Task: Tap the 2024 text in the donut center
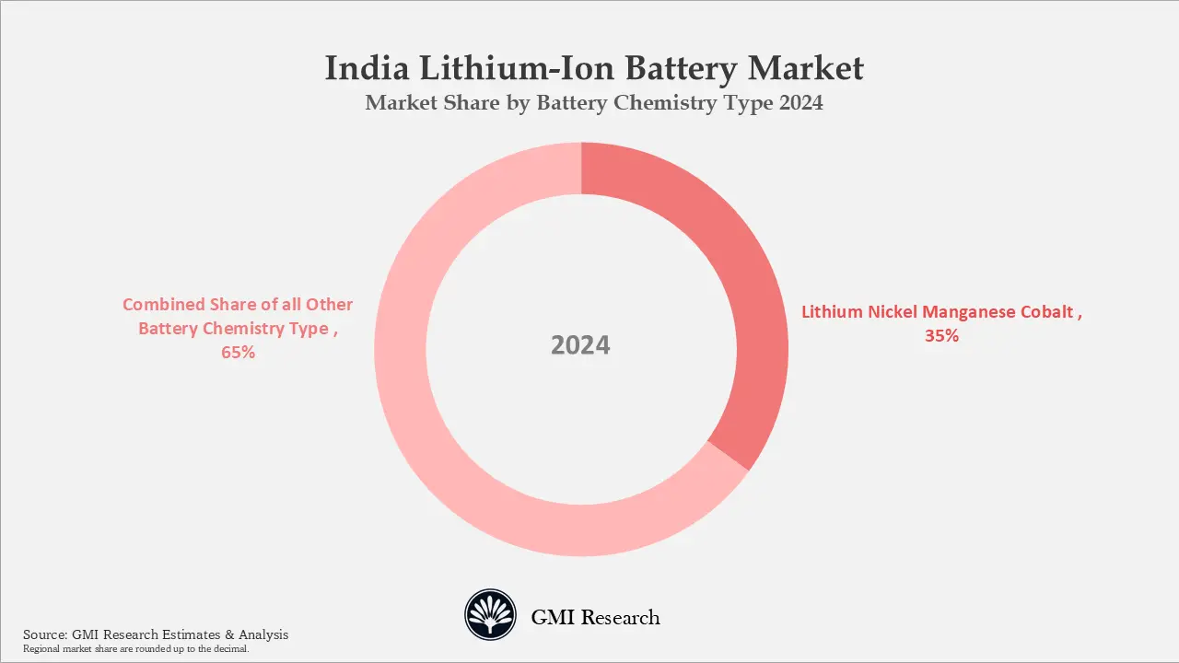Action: pyautogui.click(x=580, y=345)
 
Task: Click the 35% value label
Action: pyautogui.click(x=941, y=336)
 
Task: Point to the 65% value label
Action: pyautogui.click(x=238, y=353)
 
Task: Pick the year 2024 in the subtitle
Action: pyautogui.click(x=800, y=103)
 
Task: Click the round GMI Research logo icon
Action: pyautogui.click(x=491, y=615)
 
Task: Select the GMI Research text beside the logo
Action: pyautogui.click(x=595, y=617)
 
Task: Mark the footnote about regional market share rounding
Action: pyautogui.click(x=135, y=649)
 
